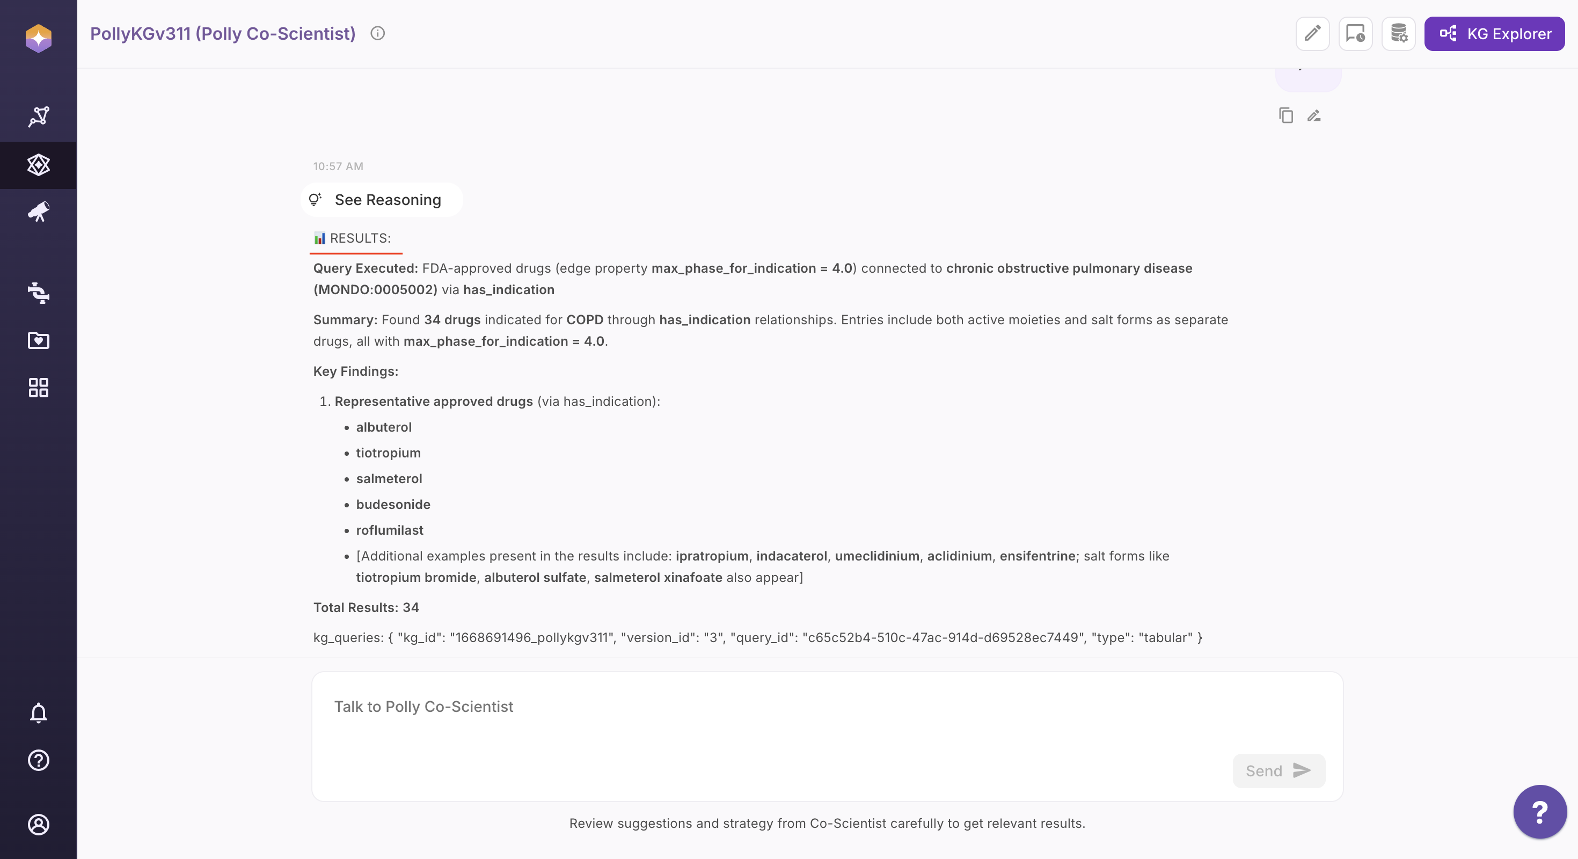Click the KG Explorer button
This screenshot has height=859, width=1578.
(x=1494, y=34)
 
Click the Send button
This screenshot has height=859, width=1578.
(x=1279, y=771)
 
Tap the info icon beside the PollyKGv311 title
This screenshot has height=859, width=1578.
(x=377, y=34)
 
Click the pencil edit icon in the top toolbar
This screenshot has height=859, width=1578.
(x=1312, y=34)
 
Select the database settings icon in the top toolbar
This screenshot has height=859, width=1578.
(x=1399, y=34)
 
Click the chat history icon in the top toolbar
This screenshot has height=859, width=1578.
(x=1355, y=34)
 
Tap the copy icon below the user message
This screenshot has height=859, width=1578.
(x=1286, y=115)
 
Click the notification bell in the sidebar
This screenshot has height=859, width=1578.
(x=39, y=712)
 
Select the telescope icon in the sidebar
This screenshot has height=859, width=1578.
(x=39, y=212)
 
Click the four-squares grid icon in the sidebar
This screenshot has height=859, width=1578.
(x=39, y=387)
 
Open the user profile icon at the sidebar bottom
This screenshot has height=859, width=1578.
(x=39, y=825)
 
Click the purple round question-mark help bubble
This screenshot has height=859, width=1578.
(x=1539, y=812)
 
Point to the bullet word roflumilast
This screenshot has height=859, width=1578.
(x=390, y=530)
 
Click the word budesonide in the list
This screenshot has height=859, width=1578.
(x=393, y=504)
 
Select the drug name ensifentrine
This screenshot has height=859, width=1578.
(x=1037, y=556)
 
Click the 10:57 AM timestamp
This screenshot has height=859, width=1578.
(x=338, y=166)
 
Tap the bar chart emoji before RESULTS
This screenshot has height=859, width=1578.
(x=320, y=238)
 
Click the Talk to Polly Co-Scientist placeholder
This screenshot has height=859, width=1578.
(x=424, y=707)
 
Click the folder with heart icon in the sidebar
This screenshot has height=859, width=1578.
(x=39, y=340)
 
